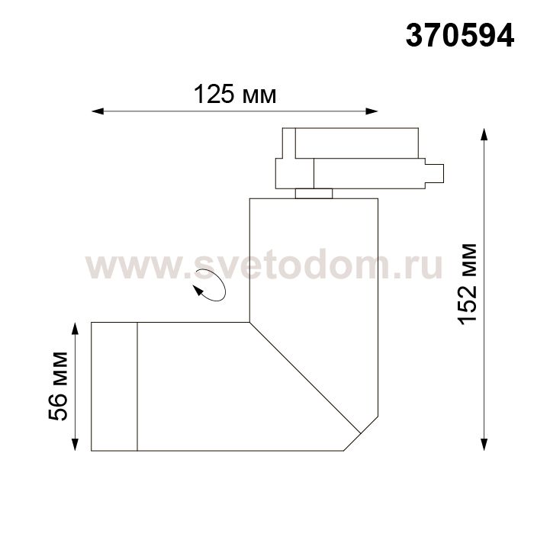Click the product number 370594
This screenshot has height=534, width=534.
point(460,36)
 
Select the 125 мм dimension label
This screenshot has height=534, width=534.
point(235,94)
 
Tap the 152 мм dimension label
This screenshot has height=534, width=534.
point(467,285)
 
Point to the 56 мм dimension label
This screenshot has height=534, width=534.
point(58,386)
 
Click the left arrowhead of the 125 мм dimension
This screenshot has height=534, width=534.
point(98,111)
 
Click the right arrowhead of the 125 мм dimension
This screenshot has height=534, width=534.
point(372,111)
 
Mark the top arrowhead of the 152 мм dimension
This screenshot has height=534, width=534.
point(484,134)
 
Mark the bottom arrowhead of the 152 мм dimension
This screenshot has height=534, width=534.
point(484,445)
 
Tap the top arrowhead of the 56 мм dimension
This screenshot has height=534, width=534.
point(75,328)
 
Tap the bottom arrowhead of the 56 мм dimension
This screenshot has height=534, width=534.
point(75,445)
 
